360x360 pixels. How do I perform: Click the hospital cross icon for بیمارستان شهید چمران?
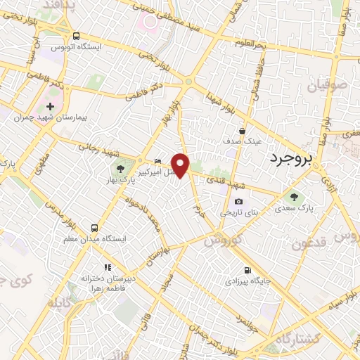[x=49, y=105]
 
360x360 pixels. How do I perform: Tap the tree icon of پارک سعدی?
[x=294, y=197]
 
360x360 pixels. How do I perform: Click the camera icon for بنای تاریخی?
[x=238, y=202]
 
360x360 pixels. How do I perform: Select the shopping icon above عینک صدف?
[x=242, y=130]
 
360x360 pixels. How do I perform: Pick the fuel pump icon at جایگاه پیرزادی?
[x=247, y=270]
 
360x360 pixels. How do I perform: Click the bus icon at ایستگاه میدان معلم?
[x=94, y=228]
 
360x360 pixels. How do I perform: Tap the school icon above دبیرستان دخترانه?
[x=108, y=267]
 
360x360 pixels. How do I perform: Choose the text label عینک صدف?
[x=243, y=141]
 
